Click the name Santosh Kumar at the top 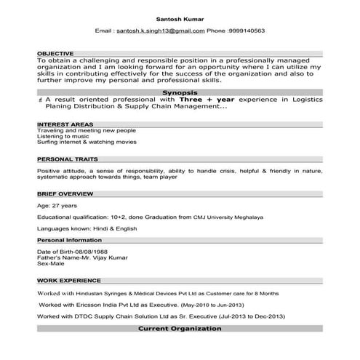coord(180,18)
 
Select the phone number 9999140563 coord(246,31)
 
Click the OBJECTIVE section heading coord(56,54)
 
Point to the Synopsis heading coord(180,93)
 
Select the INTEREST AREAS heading coord(65,124)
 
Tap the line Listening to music coord(63,136)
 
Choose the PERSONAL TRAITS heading coord(68,159)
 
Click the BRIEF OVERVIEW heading coord(65,193)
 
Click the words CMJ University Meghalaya coord(228,217)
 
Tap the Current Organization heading coord(180,329)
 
